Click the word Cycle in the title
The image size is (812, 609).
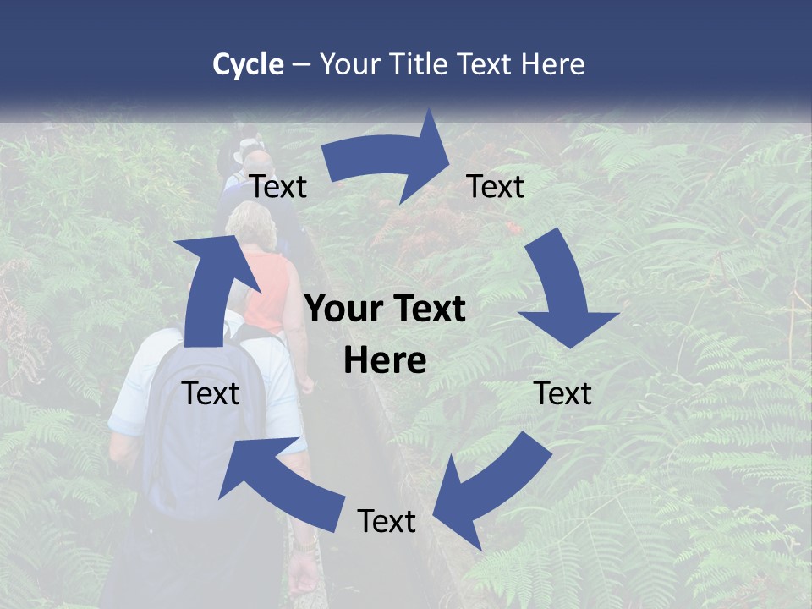(248, 64)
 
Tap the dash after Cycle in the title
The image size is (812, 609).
(301, 64)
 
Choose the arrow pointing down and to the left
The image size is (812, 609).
(482, 491)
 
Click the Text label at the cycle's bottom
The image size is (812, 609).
(387, 522)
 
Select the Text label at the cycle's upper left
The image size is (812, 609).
(278, 187)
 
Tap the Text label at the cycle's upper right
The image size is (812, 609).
(496, 187)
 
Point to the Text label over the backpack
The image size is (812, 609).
(211, 393)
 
